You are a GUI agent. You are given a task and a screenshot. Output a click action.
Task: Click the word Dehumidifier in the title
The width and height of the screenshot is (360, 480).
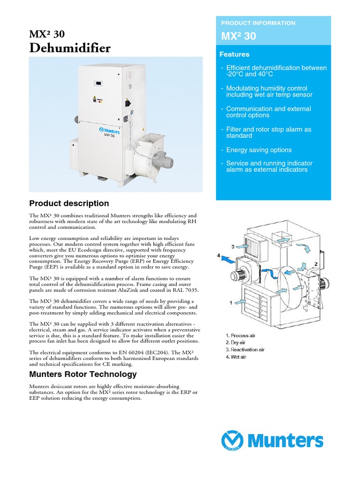point(70,48)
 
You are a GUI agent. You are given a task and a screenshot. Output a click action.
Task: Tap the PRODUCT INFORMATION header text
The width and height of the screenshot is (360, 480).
point(258,23)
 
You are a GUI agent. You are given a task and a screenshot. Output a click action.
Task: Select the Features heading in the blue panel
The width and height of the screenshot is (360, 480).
point(234,54)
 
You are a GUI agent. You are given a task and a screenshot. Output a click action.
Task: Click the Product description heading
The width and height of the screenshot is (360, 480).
point(69,203)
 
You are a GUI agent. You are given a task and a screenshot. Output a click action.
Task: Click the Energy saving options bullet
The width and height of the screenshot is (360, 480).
point(259,150)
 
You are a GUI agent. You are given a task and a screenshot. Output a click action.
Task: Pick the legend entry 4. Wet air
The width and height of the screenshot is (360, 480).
point(236,357)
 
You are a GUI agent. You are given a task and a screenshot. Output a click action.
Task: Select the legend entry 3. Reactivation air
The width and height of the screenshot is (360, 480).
point(245,350)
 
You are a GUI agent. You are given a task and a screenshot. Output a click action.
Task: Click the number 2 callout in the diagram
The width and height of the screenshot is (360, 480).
point(316,264)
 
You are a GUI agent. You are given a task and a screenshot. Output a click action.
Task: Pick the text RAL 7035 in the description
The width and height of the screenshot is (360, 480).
point(186,290)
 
